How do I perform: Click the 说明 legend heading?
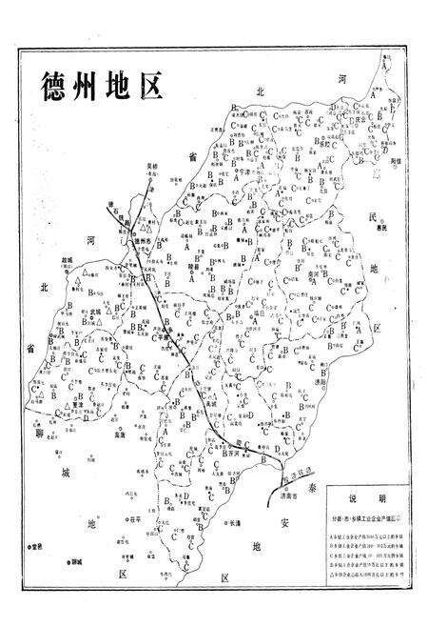[x=370, y=500]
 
